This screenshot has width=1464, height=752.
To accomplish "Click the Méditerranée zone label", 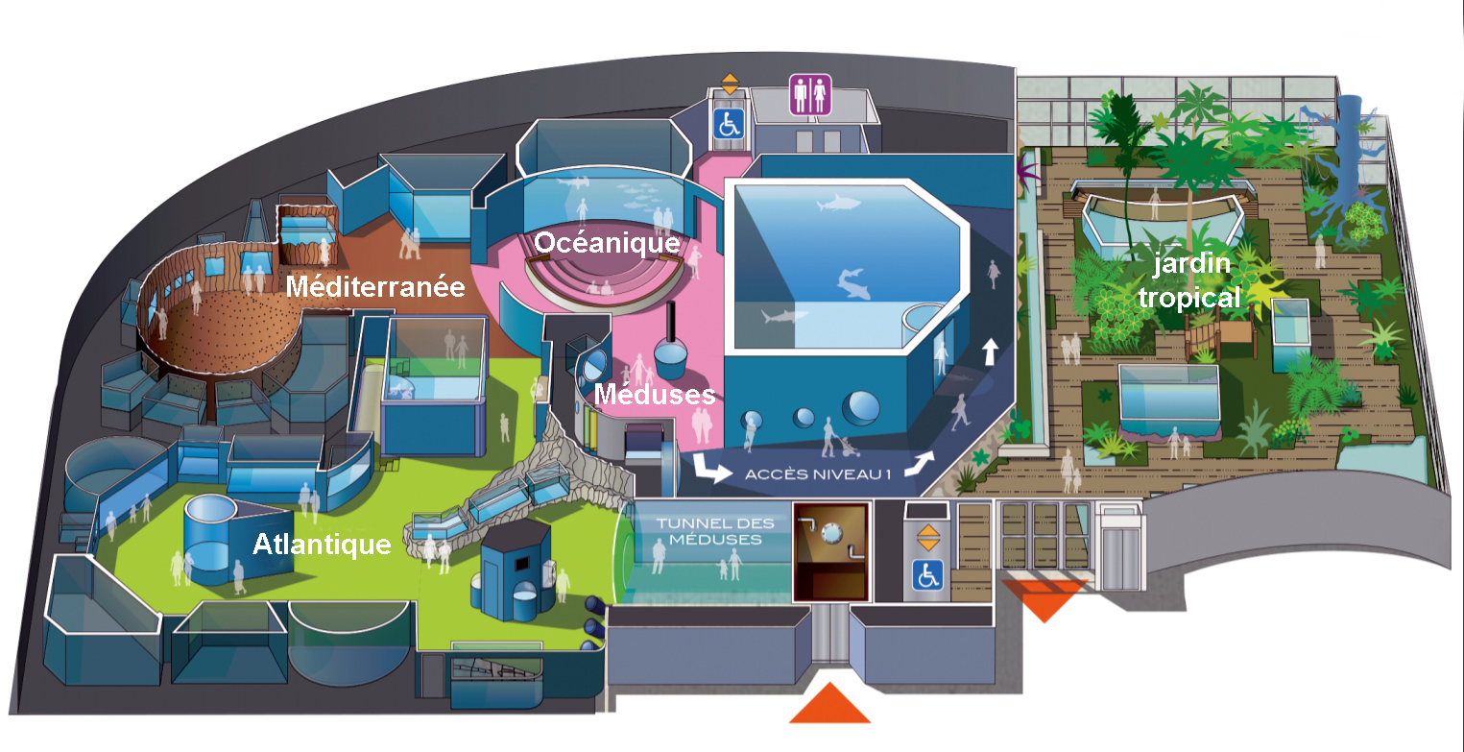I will click(x=375, y=287).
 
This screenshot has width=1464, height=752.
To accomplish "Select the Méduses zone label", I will click(x=654, y=394).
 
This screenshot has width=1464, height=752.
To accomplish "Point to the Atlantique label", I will click(x=322, y=545).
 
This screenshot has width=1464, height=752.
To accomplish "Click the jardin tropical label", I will click(x=1188, y=281).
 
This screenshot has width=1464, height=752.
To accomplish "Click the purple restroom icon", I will click(x=807, y=95).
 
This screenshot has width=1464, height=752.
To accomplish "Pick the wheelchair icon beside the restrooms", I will click(x=729, y=122).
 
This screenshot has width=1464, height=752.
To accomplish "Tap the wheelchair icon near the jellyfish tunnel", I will click(x=926, y=574).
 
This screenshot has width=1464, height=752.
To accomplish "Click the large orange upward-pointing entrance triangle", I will click(x=829, y=705).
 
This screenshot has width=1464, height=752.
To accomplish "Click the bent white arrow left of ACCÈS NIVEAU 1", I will click(x=710, y=468).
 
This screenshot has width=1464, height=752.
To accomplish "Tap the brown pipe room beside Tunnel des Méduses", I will click(x=830, y=551).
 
